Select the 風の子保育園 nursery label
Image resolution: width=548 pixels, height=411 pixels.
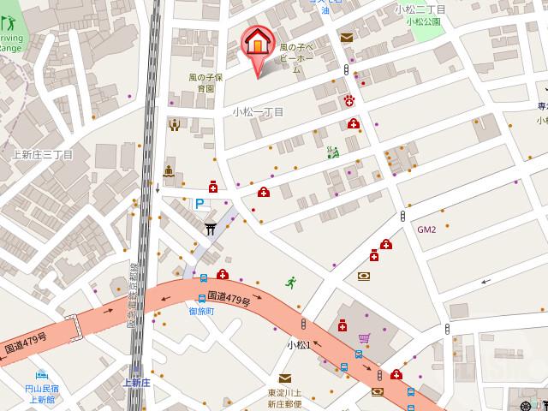pyautogui.click(x=205, y=82)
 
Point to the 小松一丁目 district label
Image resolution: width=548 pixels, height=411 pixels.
pyautogui.click(x=258, y=112)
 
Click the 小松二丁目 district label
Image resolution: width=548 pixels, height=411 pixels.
pyautogui.click(x=420, y=9)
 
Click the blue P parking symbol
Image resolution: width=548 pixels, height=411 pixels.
pyautogui.click(x=200, y=204)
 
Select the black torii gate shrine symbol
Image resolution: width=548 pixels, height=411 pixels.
pyautogui.click(x=210, y=229)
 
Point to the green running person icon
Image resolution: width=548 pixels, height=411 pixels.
pyautogui.click(x=291, y=282)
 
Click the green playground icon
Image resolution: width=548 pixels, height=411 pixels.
pyautogui.click(x=333, y=152)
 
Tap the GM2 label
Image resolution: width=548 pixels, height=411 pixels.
pyautogui.click(x=426, y=229)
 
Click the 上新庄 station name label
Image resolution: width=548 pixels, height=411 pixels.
pyautogui.click(x=136, y=382)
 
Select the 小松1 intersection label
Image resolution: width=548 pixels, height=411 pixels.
pyautogui.click(x=298, y=344)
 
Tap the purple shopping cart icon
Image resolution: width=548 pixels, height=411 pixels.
pyautogui.click(x=365, y=338)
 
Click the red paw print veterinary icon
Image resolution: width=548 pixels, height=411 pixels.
pyautogui.click(x=349, y=101)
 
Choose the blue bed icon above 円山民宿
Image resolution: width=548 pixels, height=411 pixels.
pyautogui.click(x=41, y=374)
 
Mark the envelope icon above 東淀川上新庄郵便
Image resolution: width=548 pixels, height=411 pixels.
pyautogui.click(x=284, y=378)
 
